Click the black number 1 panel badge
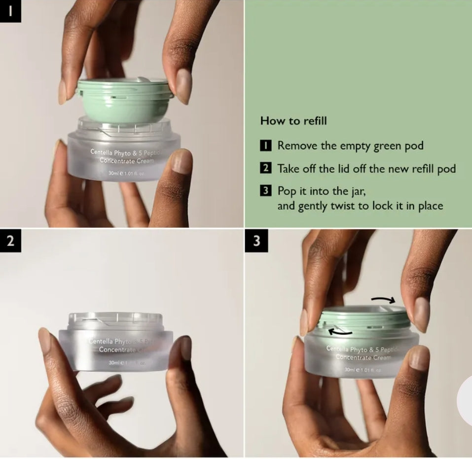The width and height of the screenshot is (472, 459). pos(10,11)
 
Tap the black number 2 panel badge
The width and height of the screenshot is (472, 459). pos(10,242)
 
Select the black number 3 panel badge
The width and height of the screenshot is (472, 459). pos(256,242)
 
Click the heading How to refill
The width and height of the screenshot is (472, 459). pos(293,121)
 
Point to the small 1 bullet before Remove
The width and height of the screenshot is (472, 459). pos(265,146)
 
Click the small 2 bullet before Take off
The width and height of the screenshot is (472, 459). pos(265,169)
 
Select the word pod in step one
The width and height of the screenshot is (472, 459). pos(413,146)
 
